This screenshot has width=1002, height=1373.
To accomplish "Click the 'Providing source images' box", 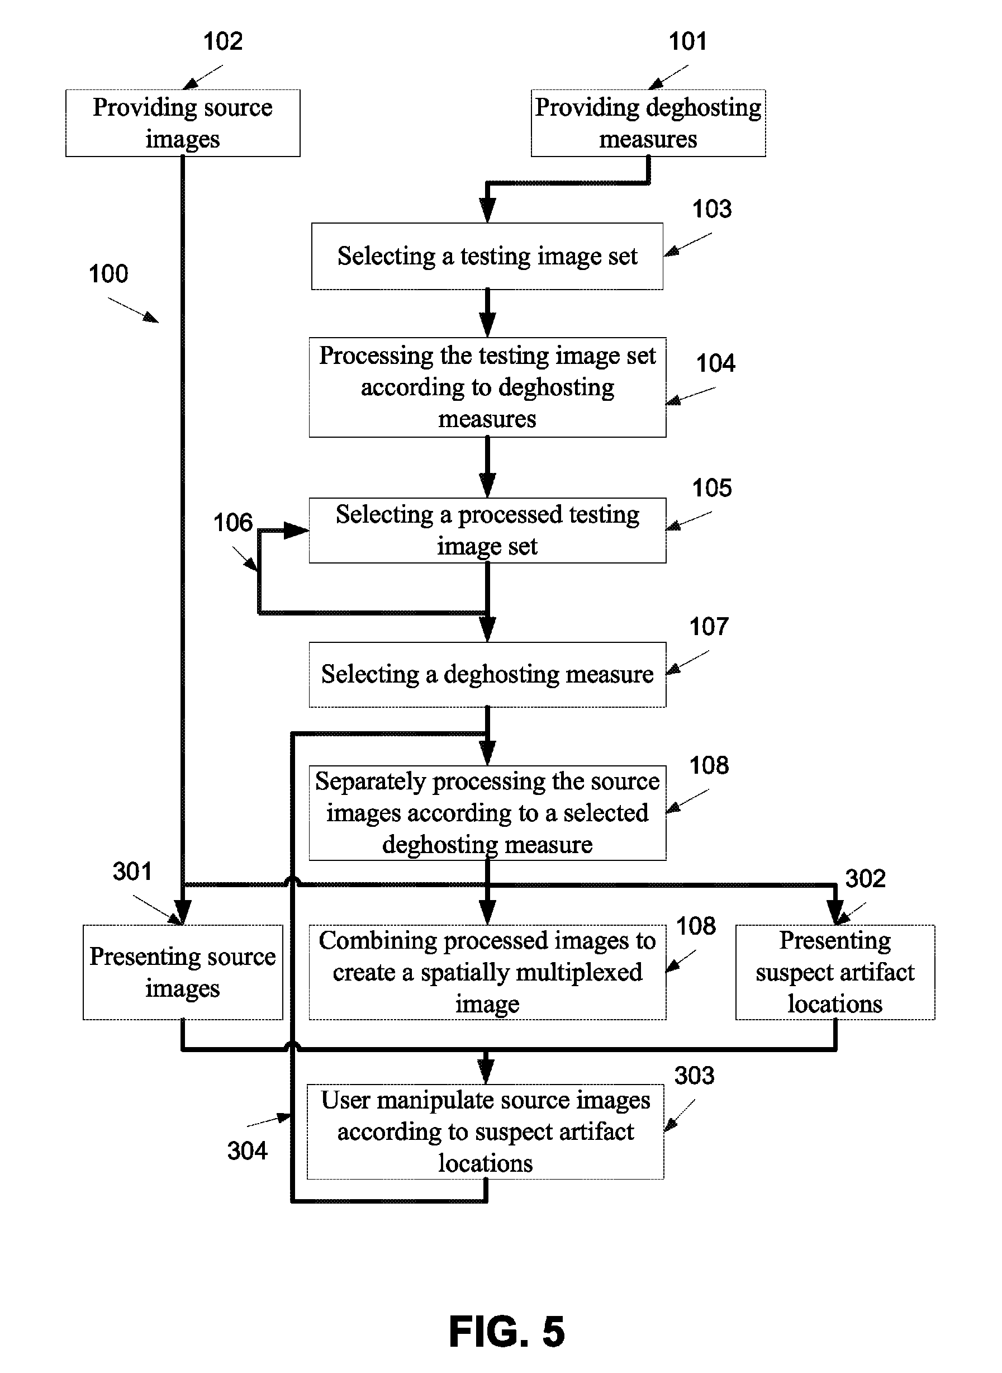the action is [x=183, y=123].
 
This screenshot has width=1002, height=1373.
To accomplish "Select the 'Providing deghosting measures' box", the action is [x=648, y=123].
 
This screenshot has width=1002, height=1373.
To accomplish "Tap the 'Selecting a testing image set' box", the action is [x=487, y=256].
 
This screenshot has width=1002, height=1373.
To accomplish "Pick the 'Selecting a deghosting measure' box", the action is [x=487, y=675].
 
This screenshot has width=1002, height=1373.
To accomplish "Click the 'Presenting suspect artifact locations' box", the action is [x=835, y=973].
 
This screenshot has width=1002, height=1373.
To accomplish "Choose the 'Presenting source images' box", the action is [x=183, y=973].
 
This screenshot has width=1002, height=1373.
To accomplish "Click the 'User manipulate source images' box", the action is [x=485, y=1131].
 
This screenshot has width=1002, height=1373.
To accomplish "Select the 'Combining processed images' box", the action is [x=487, y=973].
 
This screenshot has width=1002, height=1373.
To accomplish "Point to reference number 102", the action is [x=222, y=41].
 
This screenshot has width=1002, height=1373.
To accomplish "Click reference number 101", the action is [x=687, y=41].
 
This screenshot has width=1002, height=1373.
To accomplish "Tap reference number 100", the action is [x=108, y=273].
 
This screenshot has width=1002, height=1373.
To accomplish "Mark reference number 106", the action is [x=232, y=522].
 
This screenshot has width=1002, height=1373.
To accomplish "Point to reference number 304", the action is [x=247, y=1151].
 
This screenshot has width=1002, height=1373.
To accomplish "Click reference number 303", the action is [x=695, y=1076].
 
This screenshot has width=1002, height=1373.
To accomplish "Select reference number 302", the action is [x=866, y=878].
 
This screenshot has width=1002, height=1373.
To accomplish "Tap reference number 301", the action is [x=132, y=872].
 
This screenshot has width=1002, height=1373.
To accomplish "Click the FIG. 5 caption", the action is [x=507, y=1332].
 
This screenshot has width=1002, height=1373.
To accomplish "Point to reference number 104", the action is [x=716, y=363].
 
